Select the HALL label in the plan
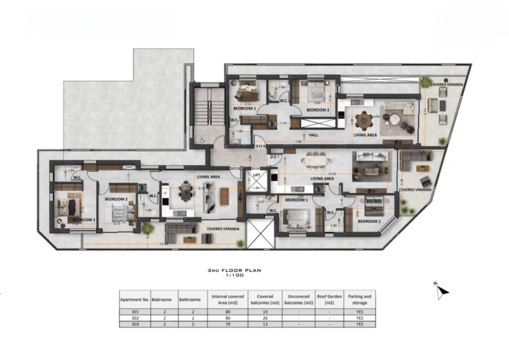click(313, 135)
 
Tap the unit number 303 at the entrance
click(241, 145)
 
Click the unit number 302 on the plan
click(233, 169)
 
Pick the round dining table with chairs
click(363, 121)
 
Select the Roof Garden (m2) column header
click(329, 298)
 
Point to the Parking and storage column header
click(360, 298)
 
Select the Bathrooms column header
click(188, 298)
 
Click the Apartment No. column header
click(135, 298)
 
